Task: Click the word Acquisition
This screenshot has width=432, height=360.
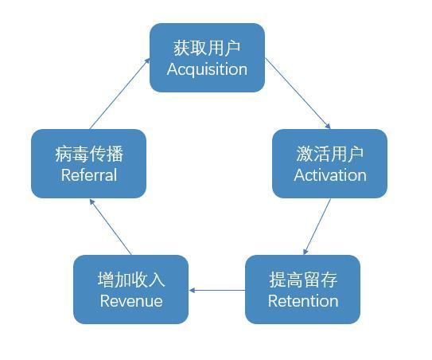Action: (207, 69)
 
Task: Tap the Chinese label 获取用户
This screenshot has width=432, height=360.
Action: (207, 48)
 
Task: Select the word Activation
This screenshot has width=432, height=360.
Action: (329, 175)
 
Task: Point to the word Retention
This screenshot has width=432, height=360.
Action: (302, 301)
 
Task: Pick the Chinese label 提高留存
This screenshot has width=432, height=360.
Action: (302, 280)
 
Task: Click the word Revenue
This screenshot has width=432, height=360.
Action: (130, 301)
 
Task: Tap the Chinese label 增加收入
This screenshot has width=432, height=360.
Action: (130, 280)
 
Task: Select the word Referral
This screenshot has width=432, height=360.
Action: (88, 175)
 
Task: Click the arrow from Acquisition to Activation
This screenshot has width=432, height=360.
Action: (298, 93)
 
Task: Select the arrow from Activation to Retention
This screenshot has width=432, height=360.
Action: (317, 226)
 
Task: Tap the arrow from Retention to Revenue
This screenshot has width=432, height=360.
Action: (217, 290)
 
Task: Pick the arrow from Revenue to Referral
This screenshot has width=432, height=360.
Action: (111, 226)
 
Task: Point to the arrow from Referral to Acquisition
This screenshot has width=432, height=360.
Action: (119, 93)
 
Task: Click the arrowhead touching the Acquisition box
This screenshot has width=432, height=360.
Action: (147, 61)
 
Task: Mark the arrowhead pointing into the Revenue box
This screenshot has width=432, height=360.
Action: (193, 290)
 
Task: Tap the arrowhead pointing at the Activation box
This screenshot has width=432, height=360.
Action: (327, 125)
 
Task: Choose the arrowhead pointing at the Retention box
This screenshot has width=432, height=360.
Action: (306, 251)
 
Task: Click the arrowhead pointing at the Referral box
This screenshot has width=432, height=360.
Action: (91, 201)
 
